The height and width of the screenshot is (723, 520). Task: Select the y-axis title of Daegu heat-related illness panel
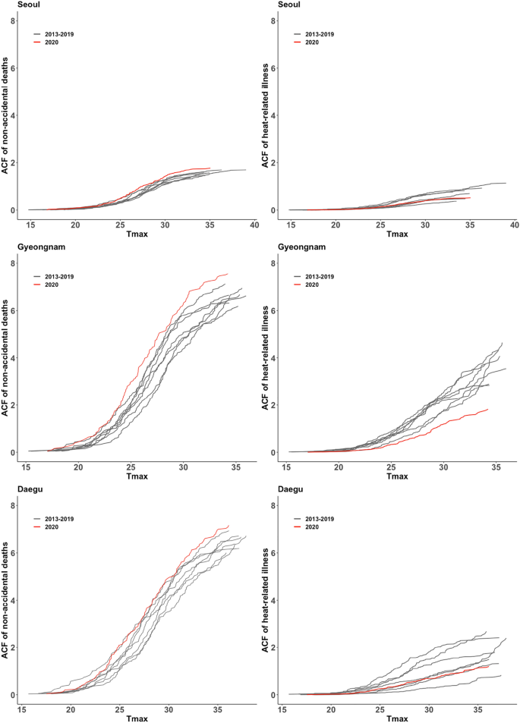click(266, 600)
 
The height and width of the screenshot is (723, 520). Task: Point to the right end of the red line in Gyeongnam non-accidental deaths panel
click(228, 274)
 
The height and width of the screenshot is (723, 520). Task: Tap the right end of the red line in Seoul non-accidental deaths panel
click(210, 168)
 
